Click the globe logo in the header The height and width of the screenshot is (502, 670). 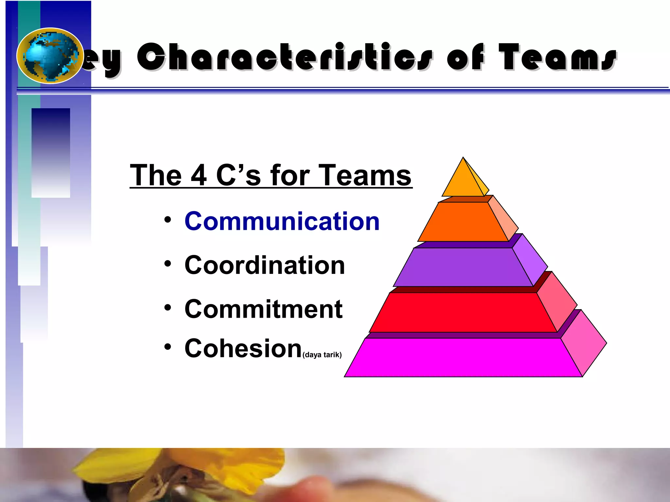(x=49, y=56)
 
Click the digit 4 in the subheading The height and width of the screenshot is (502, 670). (x=199, y=176)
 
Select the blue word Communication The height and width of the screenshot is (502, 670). (x=282, y=221)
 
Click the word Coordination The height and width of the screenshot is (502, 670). (x=265, y=265)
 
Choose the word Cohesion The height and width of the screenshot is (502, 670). (x=243, y=348)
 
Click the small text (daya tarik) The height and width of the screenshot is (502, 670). (x=322, y=355)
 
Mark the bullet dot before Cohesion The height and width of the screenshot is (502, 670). (x=168, y=347)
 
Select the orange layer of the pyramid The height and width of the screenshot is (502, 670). (x=463, y=222)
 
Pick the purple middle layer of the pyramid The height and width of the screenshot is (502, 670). (x=463, y=267)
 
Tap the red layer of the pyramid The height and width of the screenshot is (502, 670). (x=463, y=312)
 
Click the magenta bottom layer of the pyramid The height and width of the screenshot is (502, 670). (x=463, y=358)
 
